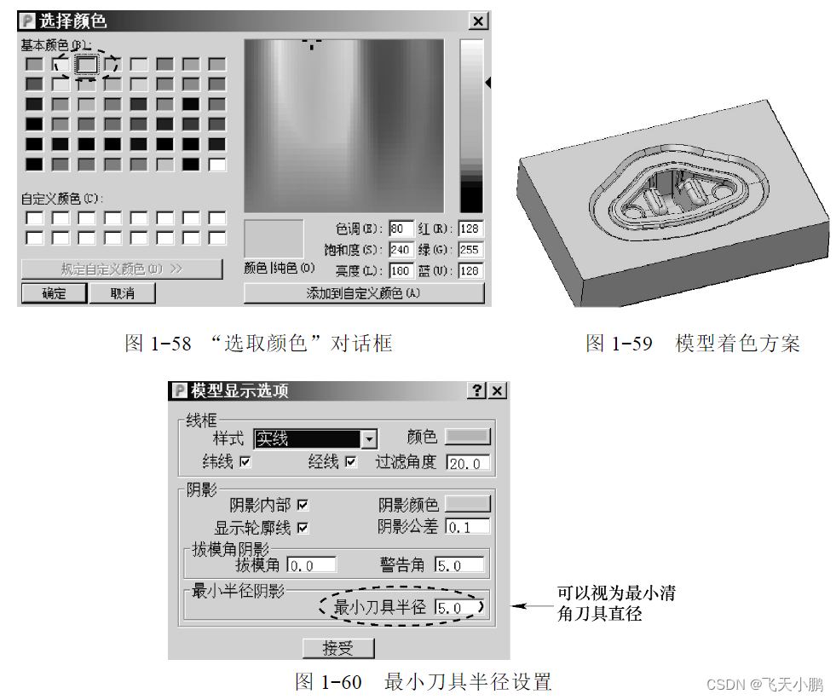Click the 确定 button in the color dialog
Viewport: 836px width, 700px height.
53,293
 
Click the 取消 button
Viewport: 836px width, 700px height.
122,293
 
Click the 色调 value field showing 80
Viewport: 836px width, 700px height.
401,229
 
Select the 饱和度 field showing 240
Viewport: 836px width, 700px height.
401,251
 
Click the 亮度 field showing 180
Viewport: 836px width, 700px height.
401,271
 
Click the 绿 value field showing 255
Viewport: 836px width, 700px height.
470,251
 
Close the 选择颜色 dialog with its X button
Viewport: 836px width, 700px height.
479,21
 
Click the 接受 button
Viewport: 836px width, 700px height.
338,648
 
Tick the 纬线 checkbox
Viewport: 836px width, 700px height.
246,462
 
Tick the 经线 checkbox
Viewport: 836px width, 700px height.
350,462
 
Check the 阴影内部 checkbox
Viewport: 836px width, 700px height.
303,505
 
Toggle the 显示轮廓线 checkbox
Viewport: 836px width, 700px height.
303,528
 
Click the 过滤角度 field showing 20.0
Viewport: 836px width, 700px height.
468,463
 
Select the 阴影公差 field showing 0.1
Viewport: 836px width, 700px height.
468,527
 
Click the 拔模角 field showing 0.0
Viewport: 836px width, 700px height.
312,564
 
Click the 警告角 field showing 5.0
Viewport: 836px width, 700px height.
459,564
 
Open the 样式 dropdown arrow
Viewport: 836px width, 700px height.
369,439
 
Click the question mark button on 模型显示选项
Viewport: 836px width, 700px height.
478,390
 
